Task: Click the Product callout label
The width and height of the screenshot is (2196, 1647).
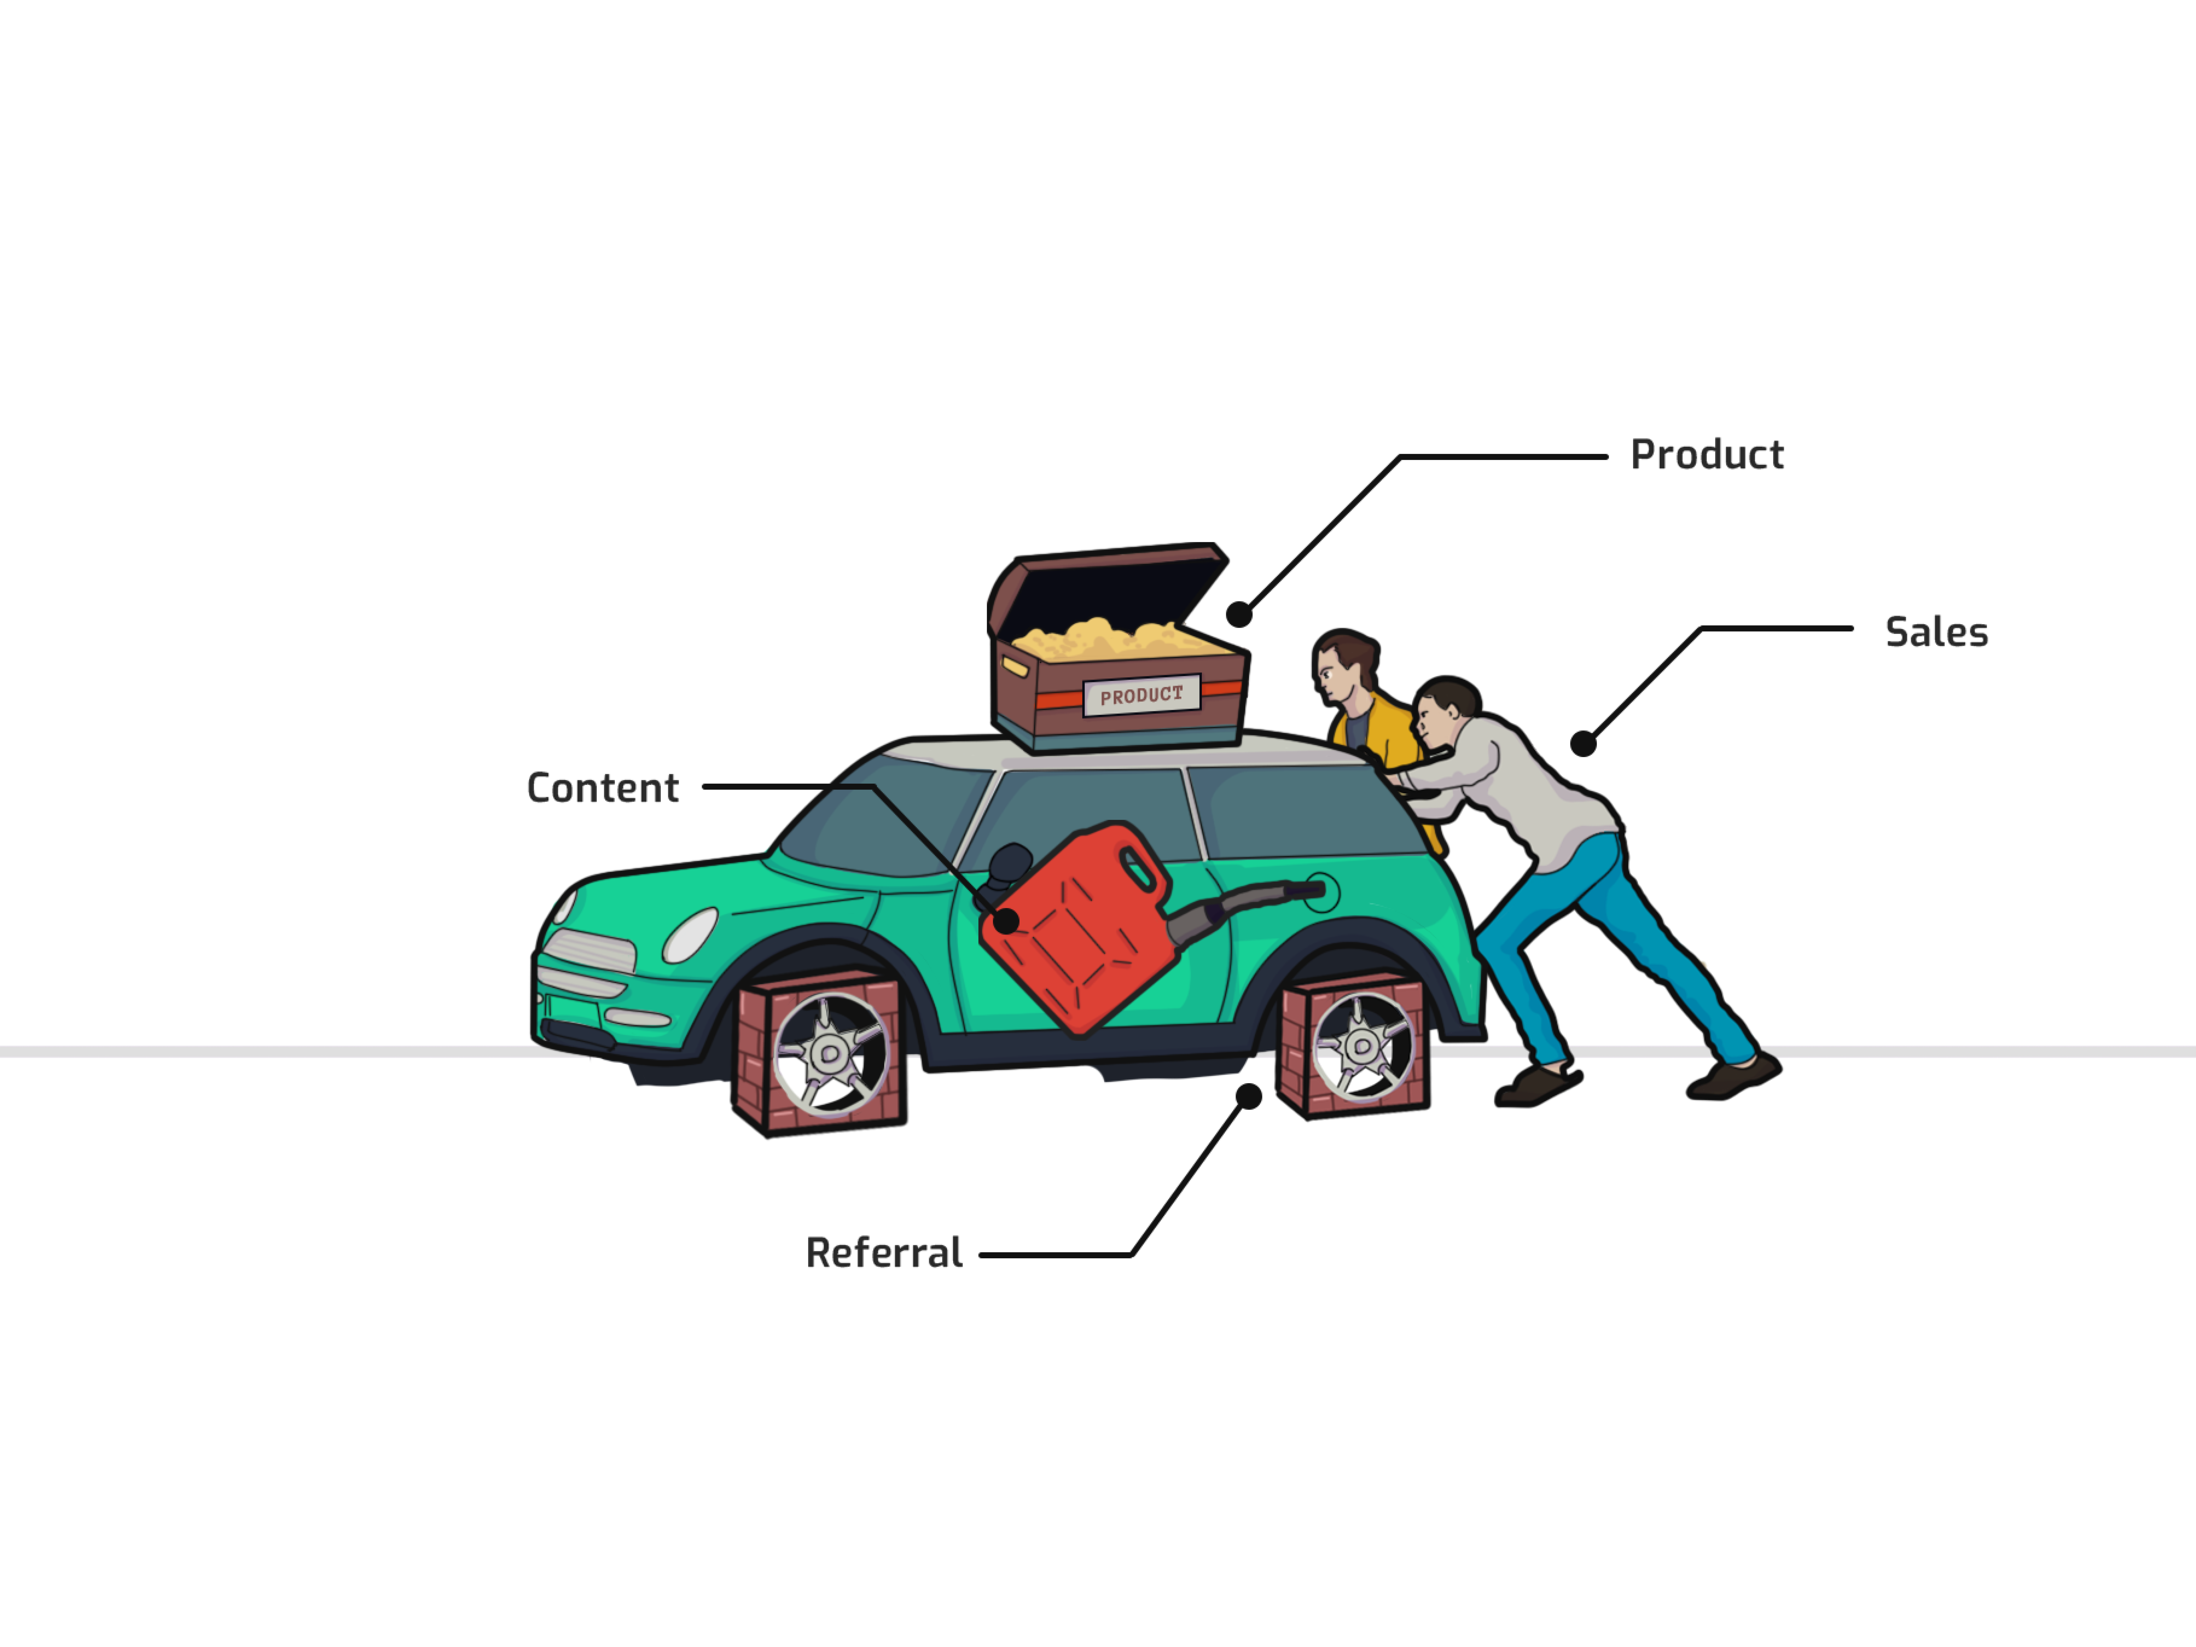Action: [x=1707, y=455]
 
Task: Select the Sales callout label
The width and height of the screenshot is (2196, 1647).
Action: [x=1936, y=632]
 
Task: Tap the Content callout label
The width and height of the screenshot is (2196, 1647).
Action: [x=603, y=788]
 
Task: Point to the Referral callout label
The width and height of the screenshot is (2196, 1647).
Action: [x=884, y=1253]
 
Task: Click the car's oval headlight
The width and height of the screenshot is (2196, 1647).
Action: [x=690, y=935]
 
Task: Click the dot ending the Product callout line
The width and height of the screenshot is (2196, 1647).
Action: [x=1239, y=615]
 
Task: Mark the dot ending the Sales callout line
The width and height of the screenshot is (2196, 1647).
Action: [x=1584, y=744]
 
